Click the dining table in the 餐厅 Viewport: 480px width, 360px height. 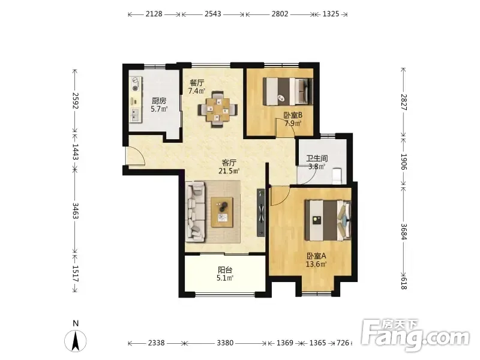(218, 109)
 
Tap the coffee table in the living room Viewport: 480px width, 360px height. (222, 212)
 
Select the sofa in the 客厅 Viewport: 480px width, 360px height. (195, 211)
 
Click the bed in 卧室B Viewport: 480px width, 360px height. (287, 92)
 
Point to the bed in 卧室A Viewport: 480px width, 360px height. (328, 220)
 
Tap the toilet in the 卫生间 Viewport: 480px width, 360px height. (337, 176)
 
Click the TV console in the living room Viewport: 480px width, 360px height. (261, 212)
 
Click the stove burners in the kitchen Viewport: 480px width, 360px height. (136, 84)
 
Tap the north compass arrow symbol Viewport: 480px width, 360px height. (76, 340)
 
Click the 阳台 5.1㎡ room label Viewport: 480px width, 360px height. (225, 274)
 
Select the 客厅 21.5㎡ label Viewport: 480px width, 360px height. (229, 167)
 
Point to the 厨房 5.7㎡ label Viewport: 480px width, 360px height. (159, 104)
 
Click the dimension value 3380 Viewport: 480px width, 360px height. (225, 343)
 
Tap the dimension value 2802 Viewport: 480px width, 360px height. (280, 14)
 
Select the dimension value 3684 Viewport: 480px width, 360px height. (404, 232)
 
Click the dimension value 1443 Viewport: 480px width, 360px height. (76, 152)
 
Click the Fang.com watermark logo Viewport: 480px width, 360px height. (415, 335)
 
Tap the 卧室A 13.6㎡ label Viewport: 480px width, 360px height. (316, 260)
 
